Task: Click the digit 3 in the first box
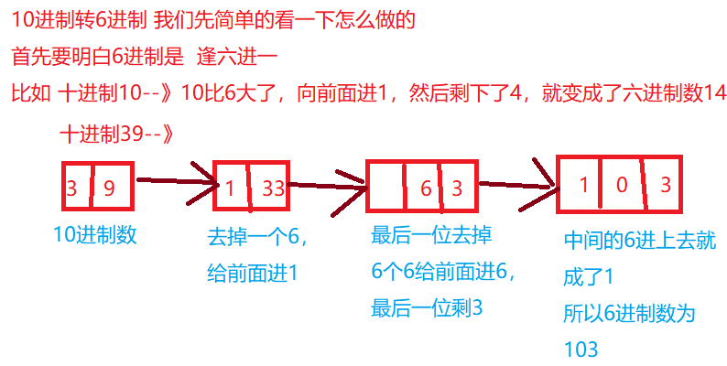coord(71,189)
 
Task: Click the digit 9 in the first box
coord(108,189)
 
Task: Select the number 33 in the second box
coord(273,189)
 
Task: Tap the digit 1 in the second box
coord(229,189)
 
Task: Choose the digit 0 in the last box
coord(622,186)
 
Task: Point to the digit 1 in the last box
coord(583,186)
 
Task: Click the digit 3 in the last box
coord(666,185)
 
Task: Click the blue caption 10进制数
coord(95,234)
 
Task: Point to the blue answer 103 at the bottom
coord(581,349)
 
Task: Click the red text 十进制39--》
coord(116,133)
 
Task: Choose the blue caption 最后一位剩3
coord(427,308)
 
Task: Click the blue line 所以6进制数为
coord(629,313)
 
